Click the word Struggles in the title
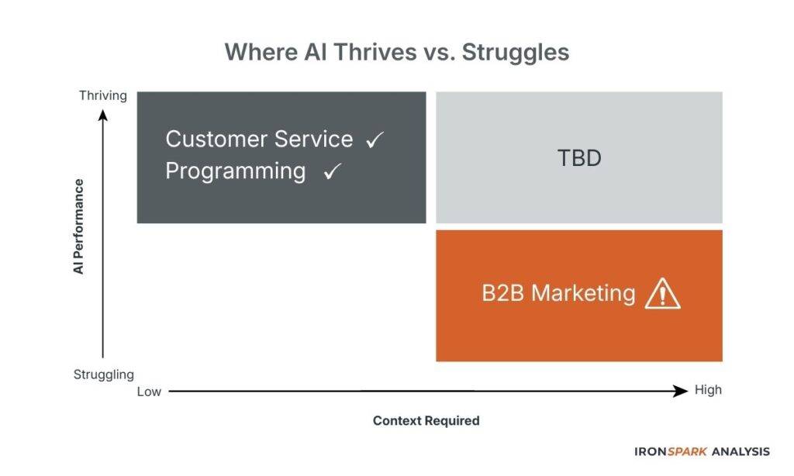(513, 52)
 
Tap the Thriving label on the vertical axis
(102, 95)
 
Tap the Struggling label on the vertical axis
(104, 374)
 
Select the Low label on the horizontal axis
(149, 391)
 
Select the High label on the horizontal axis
(708, 390)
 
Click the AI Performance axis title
(78, 226)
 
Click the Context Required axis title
(426, 421)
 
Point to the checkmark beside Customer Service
(375, 140)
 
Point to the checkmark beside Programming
(333, 172)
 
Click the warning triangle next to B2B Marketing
(662, 294)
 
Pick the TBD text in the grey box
(579, 159)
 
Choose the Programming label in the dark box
(236, 171)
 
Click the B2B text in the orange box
(503, 294)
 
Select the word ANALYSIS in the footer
(741, 451)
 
